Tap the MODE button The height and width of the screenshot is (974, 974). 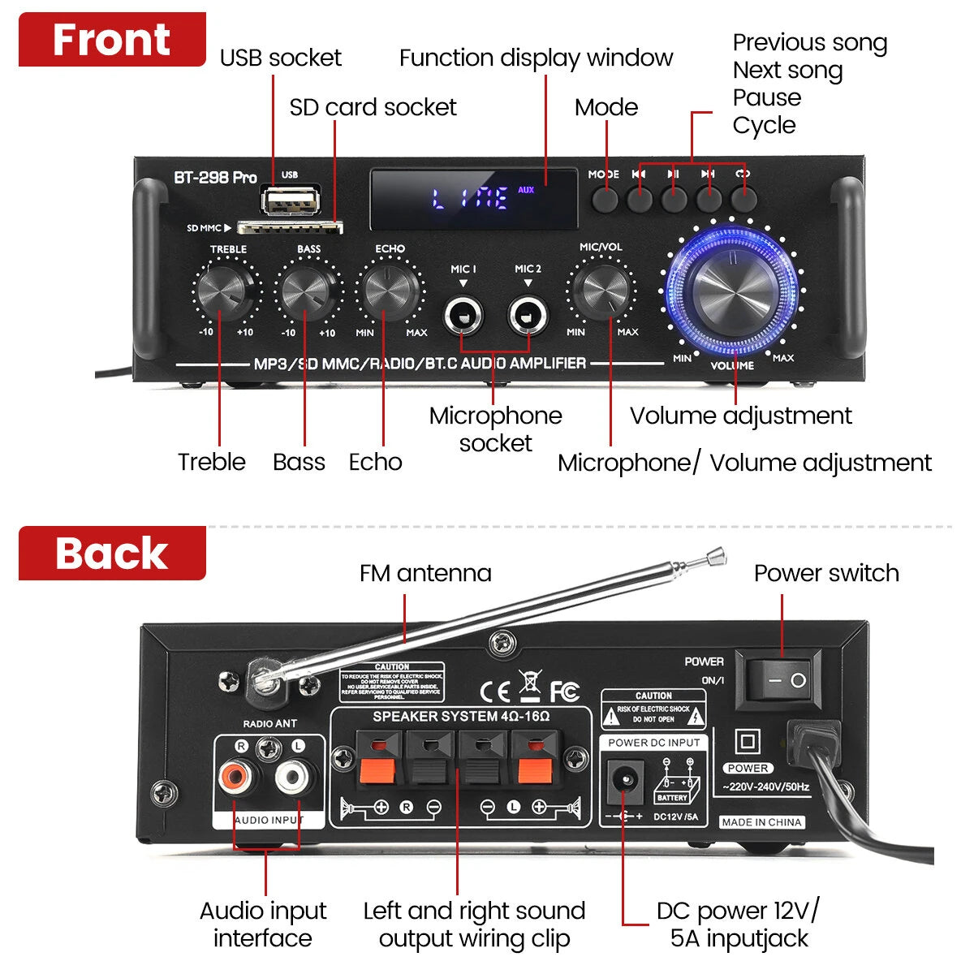pos(605,199)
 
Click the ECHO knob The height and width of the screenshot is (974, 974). pos(390,291)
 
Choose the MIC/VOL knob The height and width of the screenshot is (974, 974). pos(604,291)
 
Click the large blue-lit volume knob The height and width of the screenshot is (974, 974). pos(732,288)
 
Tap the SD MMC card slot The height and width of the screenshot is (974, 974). pos(291,228)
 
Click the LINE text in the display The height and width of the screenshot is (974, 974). pos(471,199)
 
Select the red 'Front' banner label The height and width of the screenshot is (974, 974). pos(112,40)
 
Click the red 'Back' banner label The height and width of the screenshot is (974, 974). pos(112,554)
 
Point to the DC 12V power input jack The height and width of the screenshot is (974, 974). pos(625,782)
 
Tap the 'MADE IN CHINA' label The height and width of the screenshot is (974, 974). pos(761,822)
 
